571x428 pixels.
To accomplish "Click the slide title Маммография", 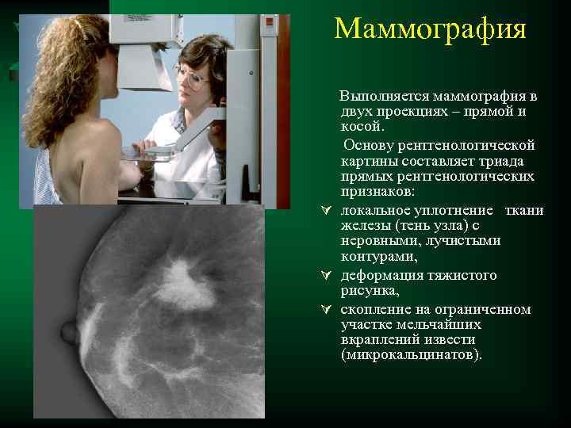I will point(430,29).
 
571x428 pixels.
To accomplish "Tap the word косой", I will point(362,127).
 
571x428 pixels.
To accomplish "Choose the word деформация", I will point(384,275).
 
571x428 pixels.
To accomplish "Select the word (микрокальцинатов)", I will point(410,355).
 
